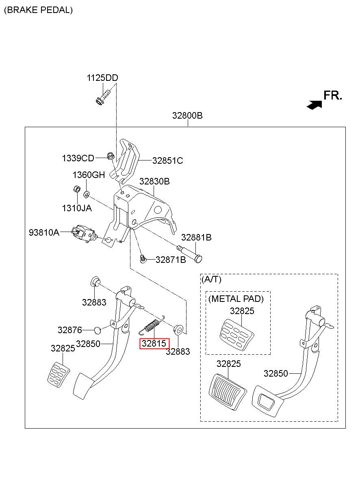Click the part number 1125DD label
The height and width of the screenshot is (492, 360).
coord(102,78)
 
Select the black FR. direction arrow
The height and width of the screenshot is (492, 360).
coord(314,105)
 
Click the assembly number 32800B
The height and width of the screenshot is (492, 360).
coord(187,115)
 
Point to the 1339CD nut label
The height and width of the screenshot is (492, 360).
coord(78,158)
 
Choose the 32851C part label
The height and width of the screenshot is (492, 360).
coord(167,161)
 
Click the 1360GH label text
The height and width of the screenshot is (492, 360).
coord(89,175)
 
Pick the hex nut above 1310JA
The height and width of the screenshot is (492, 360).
coord(77,189)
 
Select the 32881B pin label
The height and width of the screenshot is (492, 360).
coord(196,237)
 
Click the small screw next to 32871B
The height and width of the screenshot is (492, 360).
coord(143,259)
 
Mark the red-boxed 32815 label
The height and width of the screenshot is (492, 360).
coord(155,344)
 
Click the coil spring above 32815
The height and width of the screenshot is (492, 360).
coord(152,325)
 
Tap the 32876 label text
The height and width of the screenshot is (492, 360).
coord(69,330)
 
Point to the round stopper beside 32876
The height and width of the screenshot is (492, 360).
coord(97,330)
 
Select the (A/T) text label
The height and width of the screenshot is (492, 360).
coord(211,280)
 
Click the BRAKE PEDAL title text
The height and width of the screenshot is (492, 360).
coord(39,10)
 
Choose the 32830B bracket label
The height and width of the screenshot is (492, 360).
coord(154,182)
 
